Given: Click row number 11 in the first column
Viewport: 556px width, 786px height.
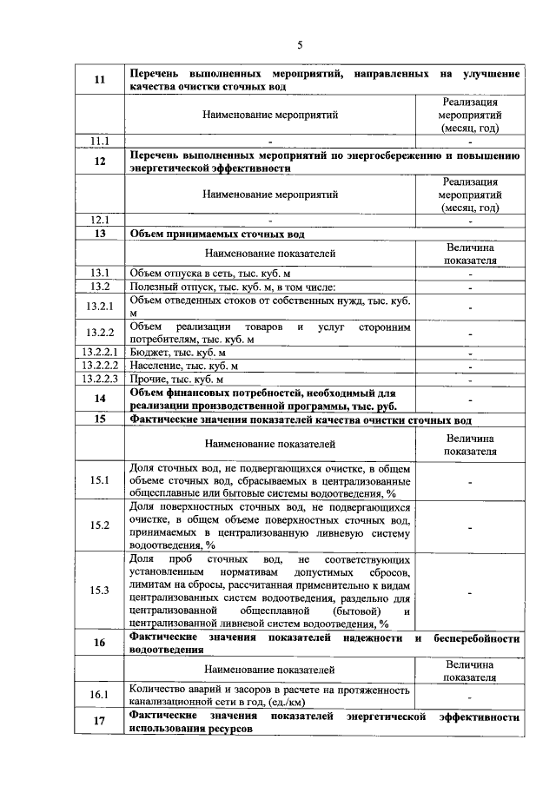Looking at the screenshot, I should pos(100,81).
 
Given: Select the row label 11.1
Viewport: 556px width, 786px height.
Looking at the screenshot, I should pos(100,141).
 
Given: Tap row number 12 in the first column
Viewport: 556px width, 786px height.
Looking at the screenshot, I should pos(100,162).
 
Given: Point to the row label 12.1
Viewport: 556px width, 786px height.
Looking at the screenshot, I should pos(100,221).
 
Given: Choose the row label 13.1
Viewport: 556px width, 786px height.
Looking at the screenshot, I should pos(100,274).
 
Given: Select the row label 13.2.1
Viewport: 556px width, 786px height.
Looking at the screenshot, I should pos(100,307).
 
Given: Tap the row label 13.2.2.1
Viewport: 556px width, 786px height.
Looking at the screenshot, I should pos(100,353).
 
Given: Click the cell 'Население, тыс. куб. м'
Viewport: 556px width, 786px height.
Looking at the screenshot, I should pos(179,367).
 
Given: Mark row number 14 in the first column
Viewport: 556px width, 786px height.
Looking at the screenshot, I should pos(100,398).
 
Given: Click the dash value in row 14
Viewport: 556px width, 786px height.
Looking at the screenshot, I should pos(470,399).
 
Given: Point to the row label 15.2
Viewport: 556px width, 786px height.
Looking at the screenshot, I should pos(100,525).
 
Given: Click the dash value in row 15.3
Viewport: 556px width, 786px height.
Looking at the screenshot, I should pos(470,591).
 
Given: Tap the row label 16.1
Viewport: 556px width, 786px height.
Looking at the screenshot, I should pos(100,695).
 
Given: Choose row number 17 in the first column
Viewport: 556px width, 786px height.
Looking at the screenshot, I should pos(100,723).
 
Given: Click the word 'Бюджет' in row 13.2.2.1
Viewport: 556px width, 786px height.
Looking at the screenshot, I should pos(149,353).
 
